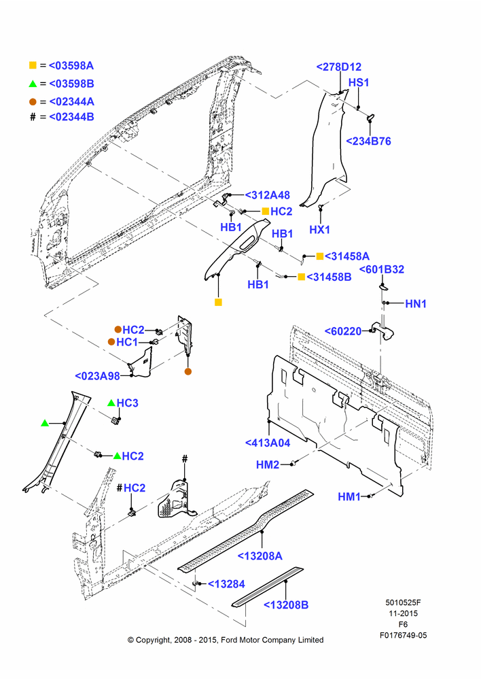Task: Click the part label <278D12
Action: pyautogui.click(x=338, y=67)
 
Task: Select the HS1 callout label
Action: pyautogui.click(x=359, y=82)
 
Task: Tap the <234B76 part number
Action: pyautogui.click(x=368, y=141)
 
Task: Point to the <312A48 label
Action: pyautogui.click(x=268, y=195)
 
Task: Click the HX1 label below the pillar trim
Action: pyautogui.click(x=319, y=229)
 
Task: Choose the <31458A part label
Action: pyautogui.click(x=347, y=256)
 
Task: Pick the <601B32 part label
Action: pyautogui.click(x=382, y=269)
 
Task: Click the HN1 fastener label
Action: pyautogui.click(x=416, y=303)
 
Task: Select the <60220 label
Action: pyautogui.click(x=343, y=331)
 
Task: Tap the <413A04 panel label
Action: pyautogui.click(x=268, y=443)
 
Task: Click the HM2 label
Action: pyautogui.click(x=268, y=465)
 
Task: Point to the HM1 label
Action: pyautogui.click(x=349, y=496)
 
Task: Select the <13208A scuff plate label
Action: pyautogui.click(x=260, y=556)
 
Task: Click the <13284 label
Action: pyautogui.click(x=227, y=584)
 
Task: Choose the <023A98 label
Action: pyautogui.click(x=98, y=376)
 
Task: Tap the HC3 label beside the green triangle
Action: pyautogui.click(x=128, y=403)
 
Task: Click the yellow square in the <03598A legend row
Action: pyautogui.click(x=33, y=65)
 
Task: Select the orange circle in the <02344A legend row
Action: pyautogui.click(x=33, y=102)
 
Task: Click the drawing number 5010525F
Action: pyautogui.click(x=403, y=602)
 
